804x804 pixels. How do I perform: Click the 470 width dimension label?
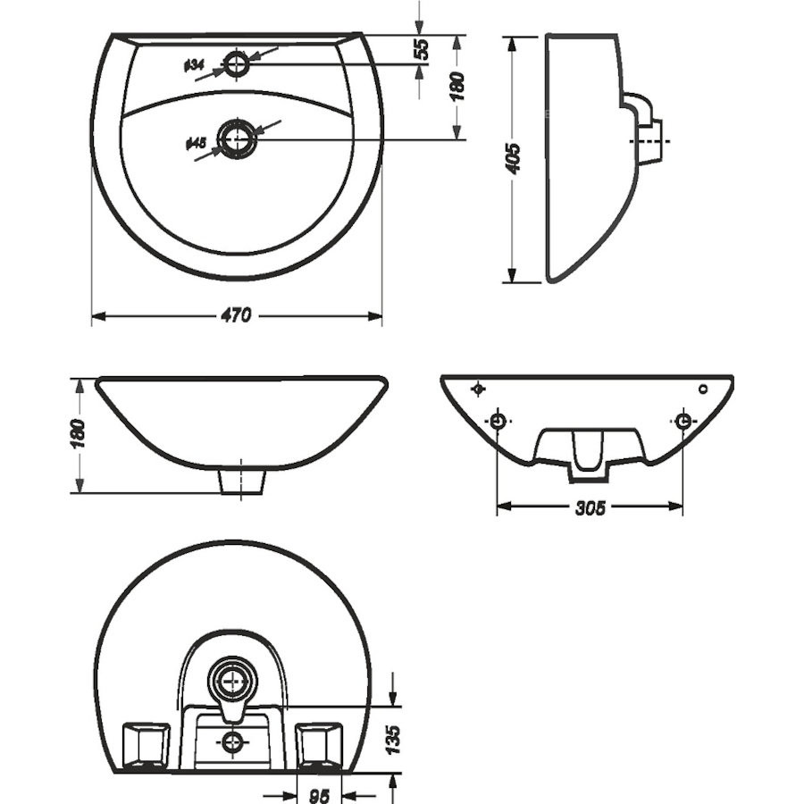pyautogui.click(x=237, y=314)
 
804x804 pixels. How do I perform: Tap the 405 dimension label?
pyautogui.click(x=513, y=159)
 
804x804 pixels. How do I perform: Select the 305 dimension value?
pyautogui.click(x=590, y=507)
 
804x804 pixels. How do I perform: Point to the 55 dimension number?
pyautogui.click(x=421, y=49)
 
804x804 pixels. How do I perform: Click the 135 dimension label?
pyautogui.click(x=393, y=740)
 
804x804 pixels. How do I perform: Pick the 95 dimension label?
pyautogui.click(x=320, y=796)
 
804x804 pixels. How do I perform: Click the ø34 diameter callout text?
pyautogui.click(x=195, y=65)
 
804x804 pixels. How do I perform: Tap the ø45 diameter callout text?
pyautogui.click(x=196, y=144)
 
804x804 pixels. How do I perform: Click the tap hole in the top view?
pyautogui.click(x=237, y=64)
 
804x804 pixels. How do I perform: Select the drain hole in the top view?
pyautogui.click(x=237, y=138)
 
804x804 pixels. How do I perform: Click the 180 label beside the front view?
pyautogui.click(x=78, y=434)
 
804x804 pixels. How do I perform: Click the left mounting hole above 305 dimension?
pyautogui.click(x=498, y=422)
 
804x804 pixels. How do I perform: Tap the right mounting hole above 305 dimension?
pyautogui.click(x=683, y=422)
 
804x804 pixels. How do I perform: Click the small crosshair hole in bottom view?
pyautogui.click(x=234, y=741)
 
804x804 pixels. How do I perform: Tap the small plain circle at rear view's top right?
pyautogui.click(x=703, y=389)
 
